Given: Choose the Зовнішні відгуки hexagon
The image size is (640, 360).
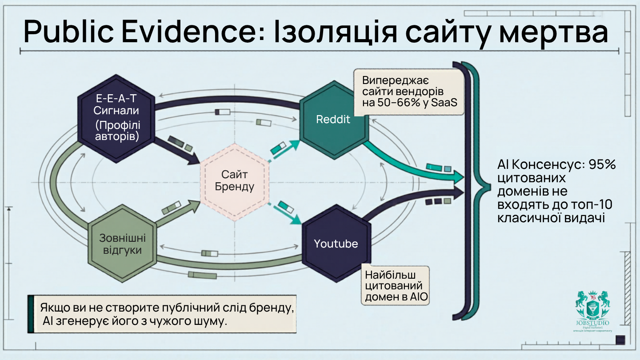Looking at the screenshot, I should point(123,244).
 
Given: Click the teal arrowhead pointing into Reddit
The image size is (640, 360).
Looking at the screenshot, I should point(294,144).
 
